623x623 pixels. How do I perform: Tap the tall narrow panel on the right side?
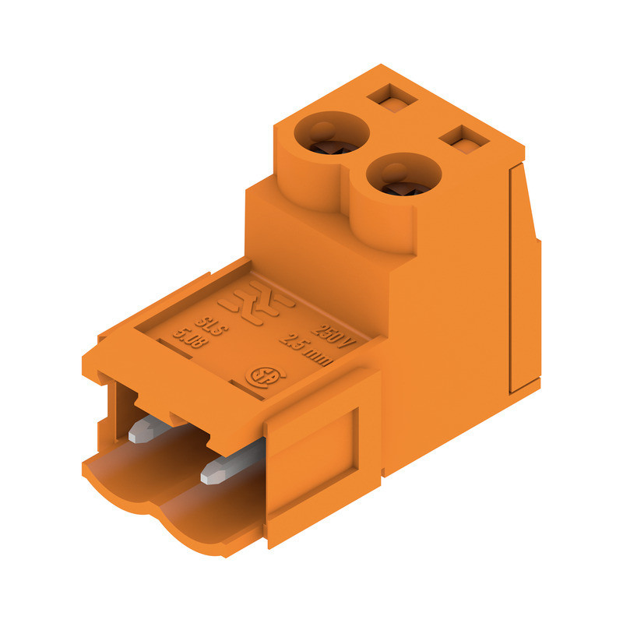(x=520, y=280)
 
